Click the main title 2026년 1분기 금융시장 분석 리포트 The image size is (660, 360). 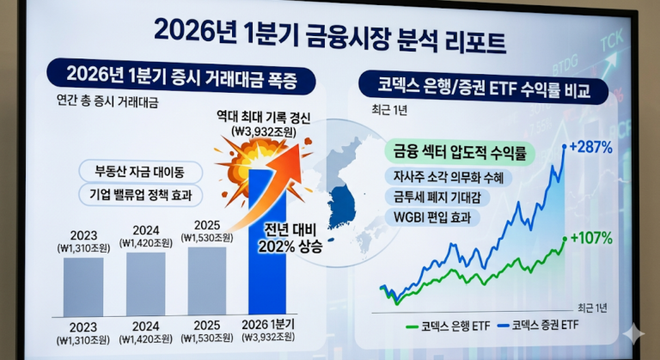pyautogui.click(x=329, y=32)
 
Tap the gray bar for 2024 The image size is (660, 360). pyautogui.click(x=145, y=283)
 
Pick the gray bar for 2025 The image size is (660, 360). pyautogui.click(x=207, y=280)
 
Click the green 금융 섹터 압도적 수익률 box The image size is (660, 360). pyautogui.click(x=459, y=154)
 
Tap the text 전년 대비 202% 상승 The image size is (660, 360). pyautogui.click(x=290, y=237)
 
